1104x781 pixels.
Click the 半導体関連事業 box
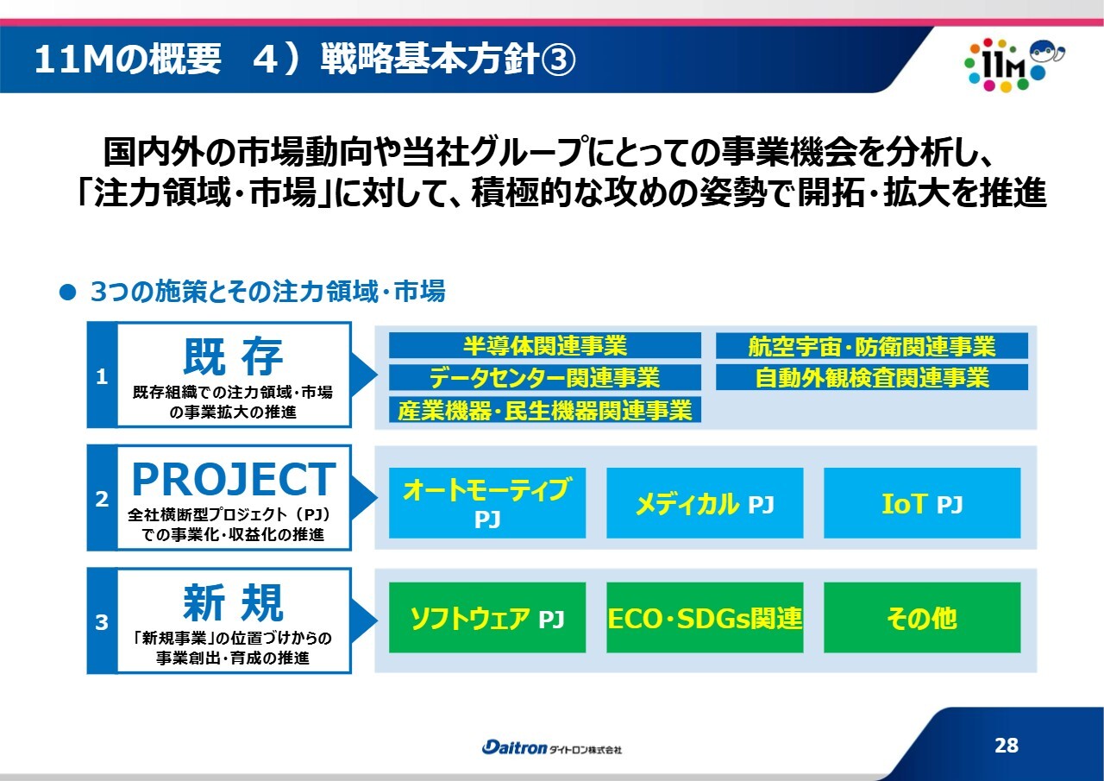coord(544,345)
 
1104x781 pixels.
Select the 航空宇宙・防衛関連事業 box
coord(871,346)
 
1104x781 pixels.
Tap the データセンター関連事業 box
coord(544,377)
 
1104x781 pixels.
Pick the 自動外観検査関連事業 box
coord(871,377)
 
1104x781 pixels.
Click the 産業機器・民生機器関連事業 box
coord(544,409)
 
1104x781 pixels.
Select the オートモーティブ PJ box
coord(487,503)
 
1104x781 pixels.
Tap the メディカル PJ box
coord(705,503)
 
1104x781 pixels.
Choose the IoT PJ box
coord(922,503)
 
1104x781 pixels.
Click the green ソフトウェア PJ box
coord(487,617)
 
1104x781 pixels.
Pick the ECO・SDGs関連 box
coord(705,617)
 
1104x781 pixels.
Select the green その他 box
coord(922,617)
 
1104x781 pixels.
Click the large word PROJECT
coord(234,479)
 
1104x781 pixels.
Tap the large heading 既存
coord(233,356)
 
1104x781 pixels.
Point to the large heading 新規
coord(233,602)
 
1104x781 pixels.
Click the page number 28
coord(1007,745)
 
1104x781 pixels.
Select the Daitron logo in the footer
coord(551,747)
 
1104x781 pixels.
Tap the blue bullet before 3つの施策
coord(67,293)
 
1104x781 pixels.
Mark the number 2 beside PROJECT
coord(102,499)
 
